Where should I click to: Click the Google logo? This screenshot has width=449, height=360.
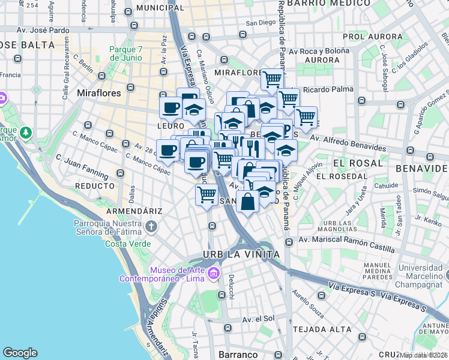pyautogui.click(x=20, y=353)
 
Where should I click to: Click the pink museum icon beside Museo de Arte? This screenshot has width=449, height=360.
pyautogui.click(x=214, y=275)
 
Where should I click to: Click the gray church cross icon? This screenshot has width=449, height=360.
pyautogui.click(x=151, y=227)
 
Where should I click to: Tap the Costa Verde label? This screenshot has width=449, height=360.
pyautogui.click(x=124, y=244)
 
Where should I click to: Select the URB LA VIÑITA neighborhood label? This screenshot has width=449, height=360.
pyautogui.click(x=241, y=254)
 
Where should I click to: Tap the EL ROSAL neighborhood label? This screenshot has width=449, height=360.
pyautogui.click(x=358, y=163)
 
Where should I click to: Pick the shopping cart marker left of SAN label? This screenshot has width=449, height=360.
pyautogui.click(x=206, y=194)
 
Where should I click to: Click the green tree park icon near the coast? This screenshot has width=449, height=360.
pyautogui.click(x=25, y=131)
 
